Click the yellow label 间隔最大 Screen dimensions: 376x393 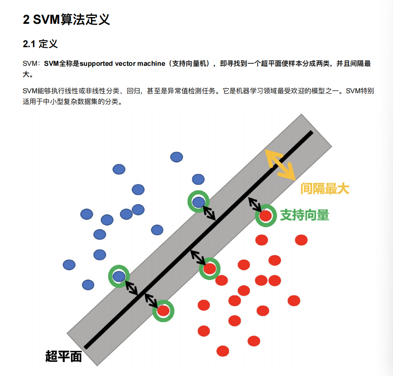324,188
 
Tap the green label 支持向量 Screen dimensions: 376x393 305,215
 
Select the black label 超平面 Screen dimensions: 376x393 64,356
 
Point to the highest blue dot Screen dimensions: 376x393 176,157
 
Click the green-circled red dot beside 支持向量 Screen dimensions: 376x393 265,216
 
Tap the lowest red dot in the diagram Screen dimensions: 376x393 223,351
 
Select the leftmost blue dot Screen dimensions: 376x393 69,264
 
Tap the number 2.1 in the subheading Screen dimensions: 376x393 29,44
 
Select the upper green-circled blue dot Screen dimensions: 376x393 198,202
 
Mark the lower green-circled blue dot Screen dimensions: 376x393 119,276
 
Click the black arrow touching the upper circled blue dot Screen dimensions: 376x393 209,213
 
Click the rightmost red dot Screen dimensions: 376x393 301,240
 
